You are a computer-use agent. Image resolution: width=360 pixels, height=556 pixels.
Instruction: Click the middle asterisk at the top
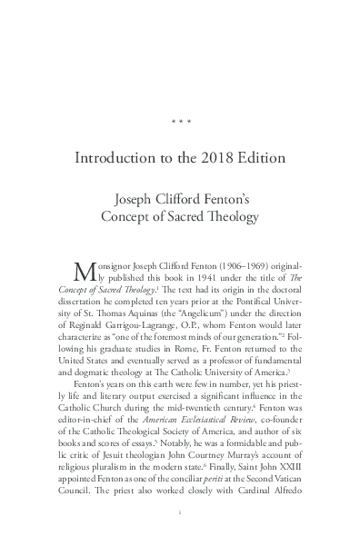[180, 119]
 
